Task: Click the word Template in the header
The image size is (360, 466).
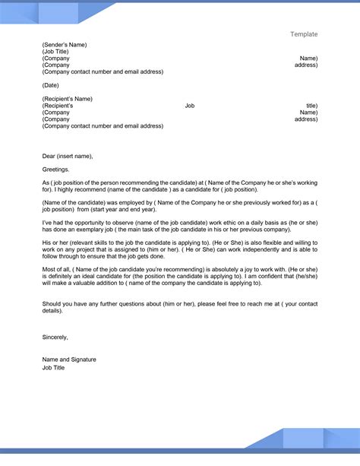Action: pyautogui.click(x=304, y=34)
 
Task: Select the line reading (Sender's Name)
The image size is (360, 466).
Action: pyautogui.click(x=65, y=44)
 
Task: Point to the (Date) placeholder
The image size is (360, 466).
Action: pyautogui.click(x=52, y=84)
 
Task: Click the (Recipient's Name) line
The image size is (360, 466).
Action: pyautogui.click(x=68, y=98)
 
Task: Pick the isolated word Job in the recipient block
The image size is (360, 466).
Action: pyautogui.click(x=190, y=105)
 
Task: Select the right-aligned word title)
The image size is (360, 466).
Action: pyautogui.click(x=311, y=105)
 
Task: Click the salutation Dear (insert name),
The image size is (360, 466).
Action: pyautogui.click(x=68, y=155)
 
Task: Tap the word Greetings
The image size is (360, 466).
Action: pyautogui.click(x=55, y=170)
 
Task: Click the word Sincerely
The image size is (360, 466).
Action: pyautogui.click(x=55, y=358)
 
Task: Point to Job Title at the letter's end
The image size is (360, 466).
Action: pyautogui.click(x=54, y=388)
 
